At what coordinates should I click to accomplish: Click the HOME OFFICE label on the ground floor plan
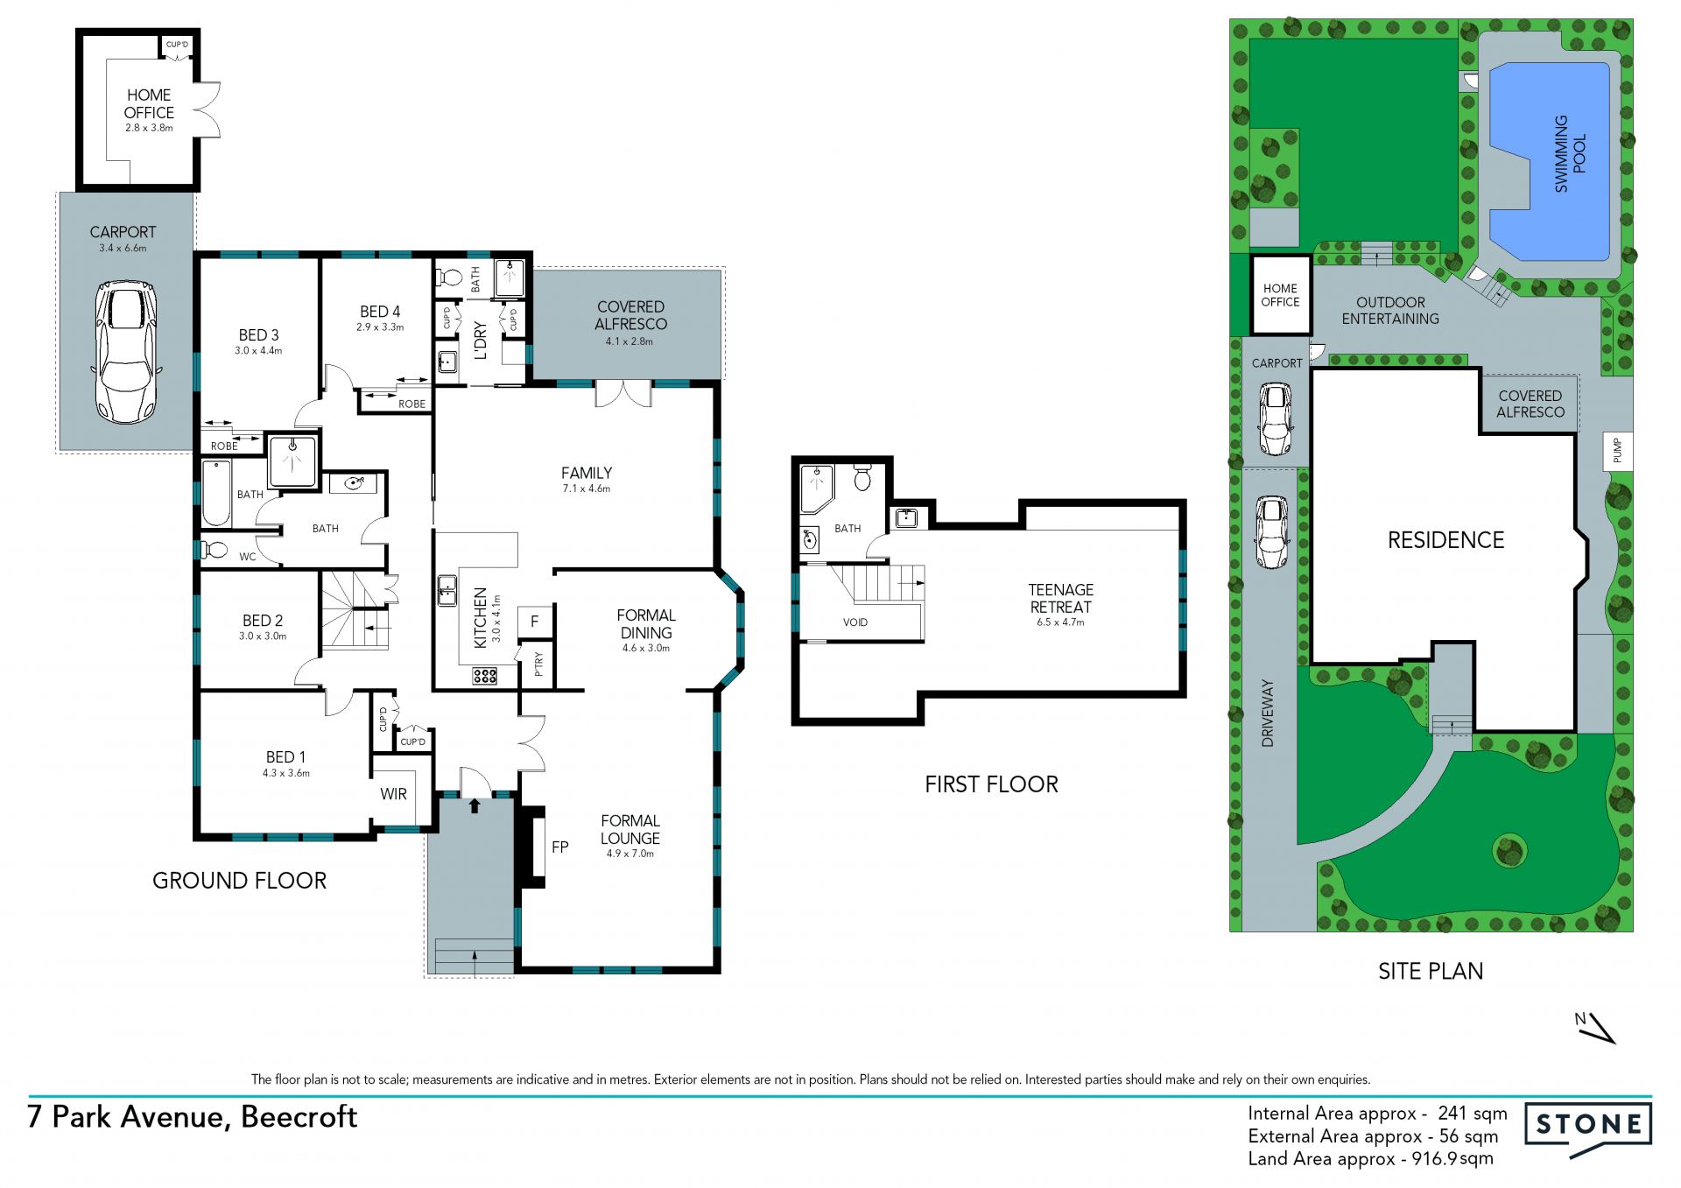click(x=149, y=103)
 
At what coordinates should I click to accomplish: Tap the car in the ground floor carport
click(x=123, y=352)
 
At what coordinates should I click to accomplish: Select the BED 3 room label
click(x=258, y=335)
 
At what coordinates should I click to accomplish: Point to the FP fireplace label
click(x=560, y=847)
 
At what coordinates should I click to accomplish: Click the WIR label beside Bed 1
click(x=393, y=794)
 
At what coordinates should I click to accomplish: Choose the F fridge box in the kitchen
click(x=535, y=622)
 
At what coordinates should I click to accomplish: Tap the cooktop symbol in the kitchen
click(x=485, y=675)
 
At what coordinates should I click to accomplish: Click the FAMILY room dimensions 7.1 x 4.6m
click(x=587, y=489)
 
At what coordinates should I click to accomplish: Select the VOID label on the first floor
click(x=855, y=622)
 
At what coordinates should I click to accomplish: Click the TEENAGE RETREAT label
click(x=1061, y=598)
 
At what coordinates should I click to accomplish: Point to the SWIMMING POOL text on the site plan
click(x=1570, y=154)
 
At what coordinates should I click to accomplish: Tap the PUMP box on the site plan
click(x=1618, y=451)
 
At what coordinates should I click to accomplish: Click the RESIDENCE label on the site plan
click(x=1446, y=540)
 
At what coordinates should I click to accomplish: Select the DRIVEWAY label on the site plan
click(x=1268, y=713)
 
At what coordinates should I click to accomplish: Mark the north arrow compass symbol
click(x=1596, y=1028)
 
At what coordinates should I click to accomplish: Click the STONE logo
click(x=1588, y=1129)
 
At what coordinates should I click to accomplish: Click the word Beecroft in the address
click(x=299, y=1117)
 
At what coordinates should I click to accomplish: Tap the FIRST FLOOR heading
click(x=992, y=784)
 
